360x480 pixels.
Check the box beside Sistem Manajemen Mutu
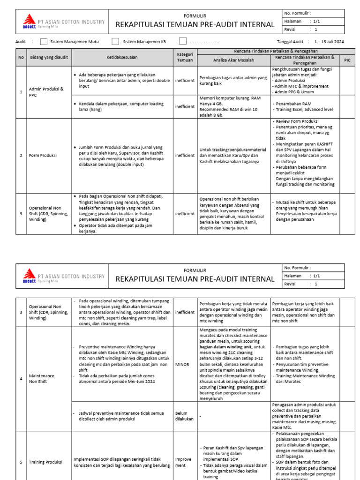[x=44, y=42]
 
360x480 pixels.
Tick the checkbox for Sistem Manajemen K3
[x=115, y=42]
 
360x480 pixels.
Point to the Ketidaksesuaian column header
[x=122, y=57]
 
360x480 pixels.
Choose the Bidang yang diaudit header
[x=48, y=57]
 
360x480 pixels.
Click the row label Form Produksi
[x=42, y=156]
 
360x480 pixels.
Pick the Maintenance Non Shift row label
[x=42, y=379]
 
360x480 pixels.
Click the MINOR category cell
[x=183, y=363]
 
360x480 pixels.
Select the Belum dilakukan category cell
[x=185, y=416]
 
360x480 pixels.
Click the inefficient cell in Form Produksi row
[x=185, y=156]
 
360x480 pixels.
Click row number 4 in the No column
[x=21, y=379]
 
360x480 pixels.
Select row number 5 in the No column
[x=21, y=462]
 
